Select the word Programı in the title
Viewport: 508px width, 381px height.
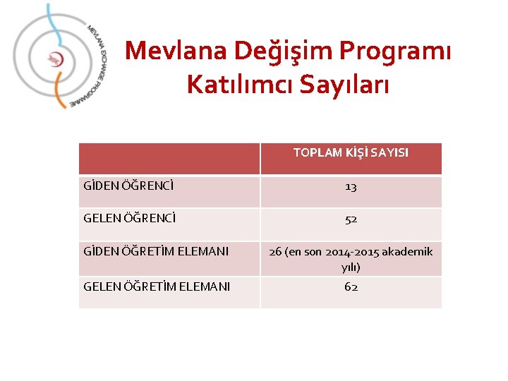coord(396,51)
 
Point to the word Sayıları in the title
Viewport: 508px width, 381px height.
coord(348,85)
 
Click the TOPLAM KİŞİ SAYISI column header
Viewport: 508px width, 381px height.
coord(351,152)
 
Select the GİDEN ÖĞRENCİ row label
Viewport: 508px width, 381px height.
coord(129,187)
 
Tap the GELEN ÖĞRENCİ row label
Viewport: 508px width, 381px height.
coord(130,219)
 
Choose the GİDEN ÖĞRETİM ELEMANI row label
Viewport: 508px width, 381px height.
coord(156,250)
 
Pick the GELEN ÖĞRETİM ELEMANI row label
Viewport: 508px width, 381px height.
coord(157,286)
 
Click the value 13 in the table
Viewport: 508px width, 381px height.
coord(351,187)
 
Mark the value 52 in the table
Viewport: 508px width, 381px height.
coord(351,219)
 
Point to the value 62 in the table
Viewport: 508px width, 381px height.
coord(351,286)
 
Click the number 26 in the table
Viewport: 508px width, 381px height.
coord(276,251)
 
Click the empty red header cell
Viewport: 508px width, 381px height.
coord(169,158)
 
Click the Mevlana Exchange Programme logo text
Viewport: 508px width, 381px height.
coord(97,64)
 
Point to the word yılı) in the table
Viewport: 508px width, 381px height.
coord(351,267)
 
